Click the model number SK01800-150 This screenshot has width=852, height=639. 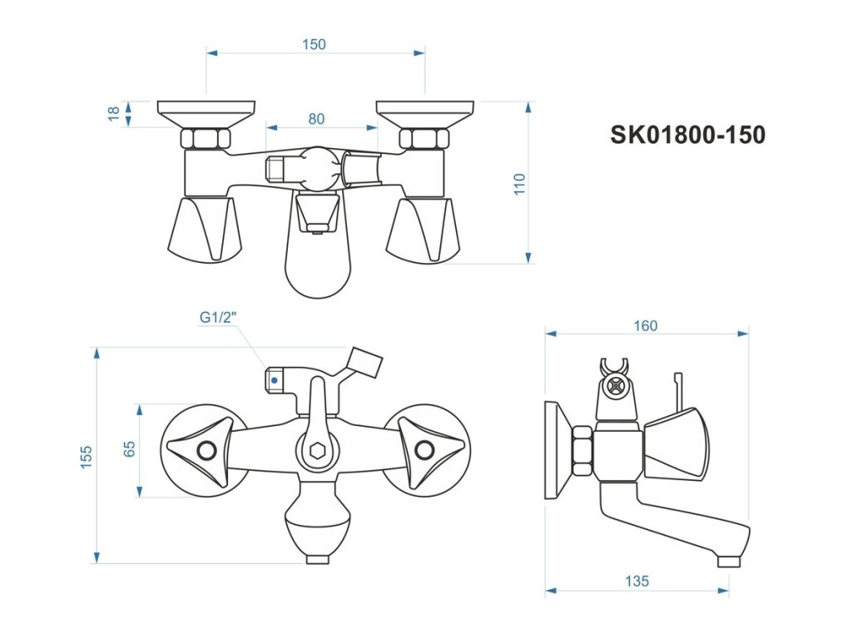(x=687, y=135)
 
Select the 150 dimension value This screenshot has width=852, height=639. (x=314, y=45)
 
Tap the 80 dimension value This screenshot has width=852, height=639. (x=316, y=119)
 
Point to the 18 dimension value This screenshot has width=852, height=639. (x=114, y=114)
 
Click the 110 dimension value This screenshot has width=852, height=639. (x=520, y=184)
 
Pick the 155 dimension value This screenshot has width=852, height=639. (x=87, y=457)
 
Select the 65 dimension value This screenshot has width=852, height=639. (x=129, y=449)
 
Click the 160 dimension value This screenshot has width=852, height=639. (x=645, y=325)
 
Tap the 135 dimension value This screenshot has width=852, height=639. (x=637, y=582)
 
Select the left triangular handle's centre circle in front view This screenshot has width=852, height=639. (x=206, y=452)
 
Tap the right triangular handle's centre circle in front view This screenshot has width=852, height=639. (x=424, y=452)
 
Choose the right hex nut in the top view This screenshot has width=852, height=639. (x=424, y=139)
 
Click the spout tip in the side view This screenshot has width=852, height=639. (x=728, y=562)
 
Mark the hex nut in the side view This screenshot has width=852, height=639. (x=582, y=453)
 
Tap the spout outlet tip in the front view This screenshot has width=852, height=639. (x=317, y=559)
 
